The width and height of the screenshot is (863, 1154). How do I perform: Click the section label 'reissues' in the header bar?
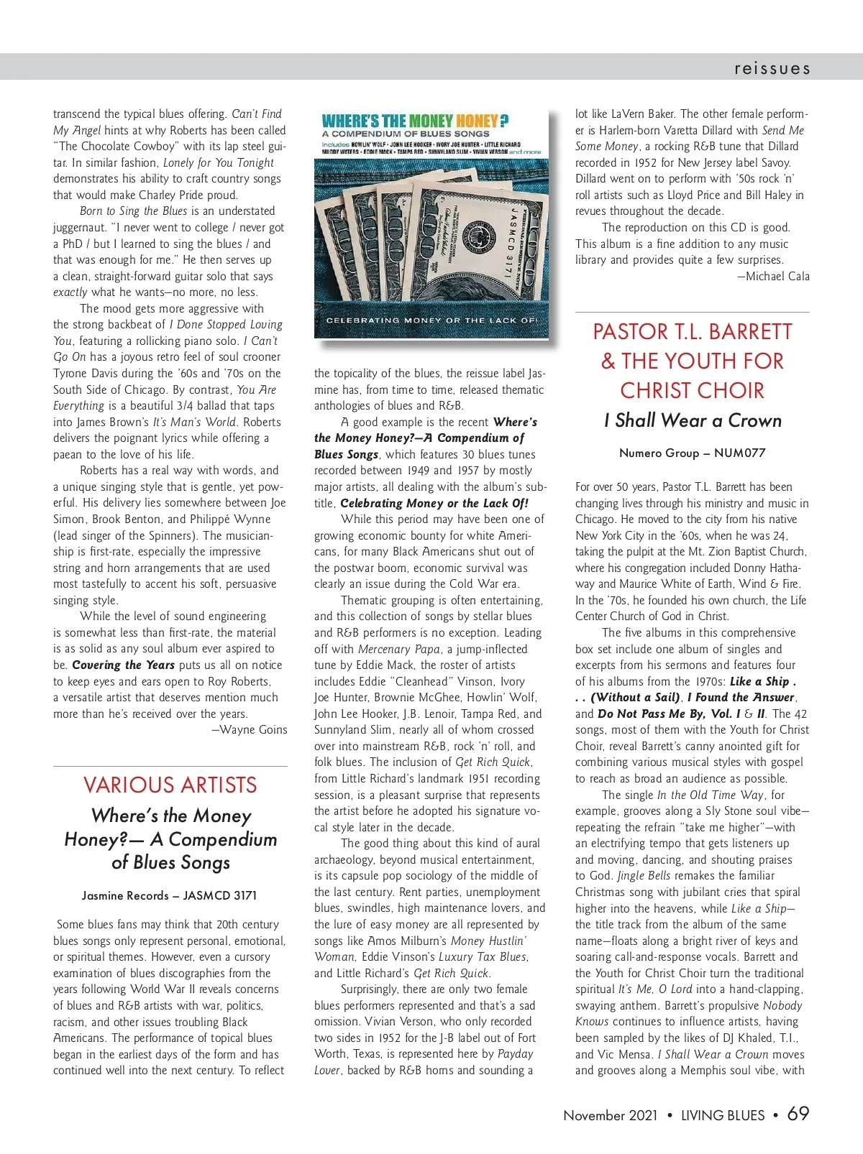tap(772, 68)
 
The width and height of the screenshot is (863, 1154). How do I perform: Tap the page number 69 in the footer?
tap(798, 1114)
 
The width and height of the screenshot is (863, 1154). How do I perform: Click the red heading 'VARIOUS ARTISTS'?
tap(170, 785)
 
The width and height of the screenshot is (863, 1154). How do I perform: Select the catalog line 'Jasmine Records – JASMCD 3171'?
tap(169, 895)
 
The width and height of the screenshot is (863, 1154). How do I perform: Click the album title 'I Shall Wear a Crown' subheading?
tap(693, 420)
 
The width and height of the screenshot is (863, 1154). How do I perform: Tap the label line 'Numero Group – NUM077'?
tap(692, 453)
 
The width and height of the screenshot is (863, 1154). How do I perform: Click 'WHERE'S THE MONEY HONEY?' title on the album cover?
tap(416, 121)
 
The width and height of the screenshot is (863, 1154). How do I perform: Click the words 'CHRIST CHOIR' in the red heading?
tap(692, 390)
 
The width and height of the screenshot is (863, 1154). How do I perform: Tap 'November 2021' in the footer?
tap(611, 1115)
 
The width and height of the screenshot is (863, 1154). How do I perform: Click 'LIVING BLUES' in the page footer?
tap(723, 1115)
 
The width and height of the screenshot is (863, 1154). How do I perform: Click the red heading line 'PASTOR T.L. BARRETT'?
tap(692, 331)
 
